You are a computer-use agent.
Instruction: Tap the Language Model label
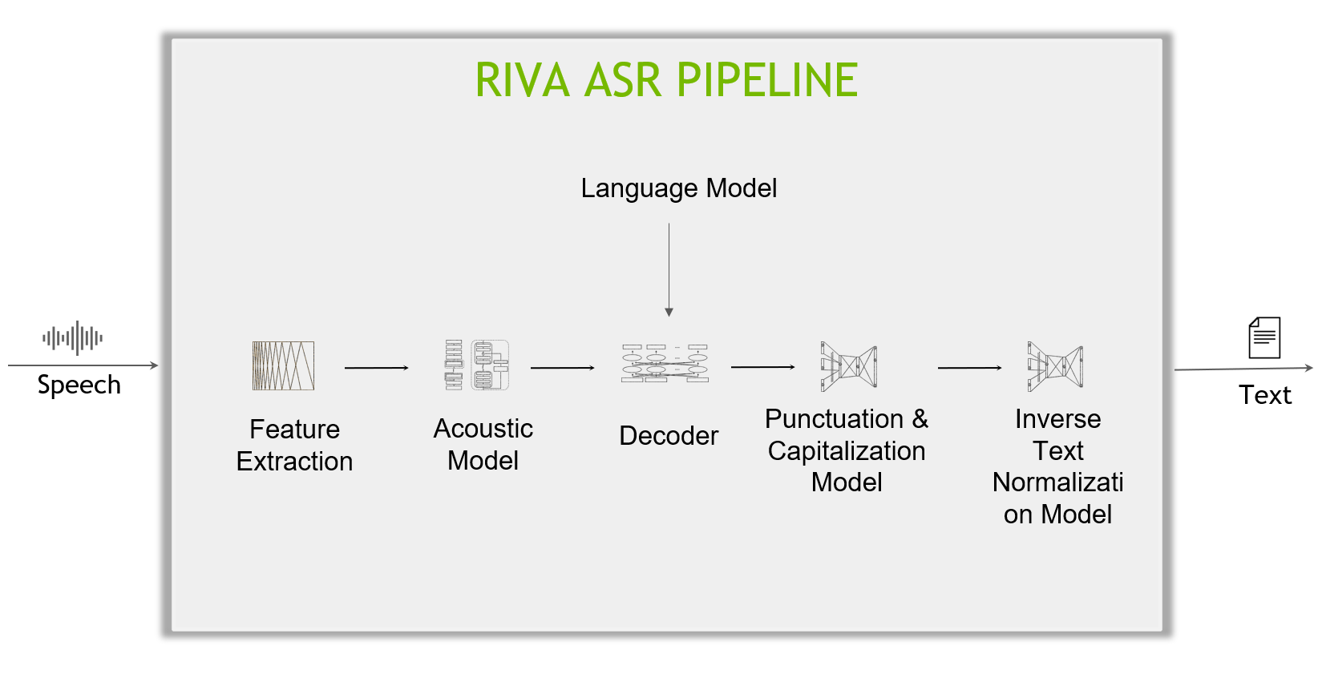tap(678, 189)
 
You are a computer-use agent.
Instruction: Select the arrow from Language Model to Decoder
tap(669, 269)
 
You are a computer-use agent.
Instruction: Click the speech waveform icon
tap(72, 337)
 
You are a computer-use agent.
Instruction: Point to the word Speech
tap(79, 385)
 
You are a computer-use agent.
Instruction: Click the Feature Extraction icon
tap(283, 365)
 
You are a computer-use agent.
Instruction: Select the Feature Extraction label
tap(294, 446)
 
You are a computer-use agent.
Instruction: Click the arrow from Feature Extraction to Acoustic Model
tap(377, 368)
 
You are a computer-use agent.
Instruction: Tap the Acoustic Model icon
tap(476, 365)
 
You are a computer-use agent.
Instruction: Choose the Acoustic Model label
tap(483, 444)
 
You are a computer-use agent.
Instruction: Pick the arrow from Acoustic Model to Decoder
tap(563, 368)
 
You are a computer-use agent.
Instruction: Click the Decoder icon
tap(665, 364)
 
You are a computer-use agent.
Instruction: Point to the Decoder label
tap(669, 436)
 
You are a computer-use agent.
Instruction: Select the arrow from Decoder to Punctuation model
tap(763, 367)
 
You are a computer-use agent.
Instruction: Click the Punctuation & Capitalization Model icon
tap(848, 366)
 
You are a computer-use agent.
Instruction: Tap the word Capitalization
tap(846, 451)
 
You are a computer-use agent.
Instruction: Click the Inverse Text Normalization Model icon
tap(1055, 366)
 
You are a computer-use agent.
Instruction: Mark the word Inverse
tap(1058, 419)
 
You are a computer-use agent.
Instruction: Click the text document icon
tap(1264, 337)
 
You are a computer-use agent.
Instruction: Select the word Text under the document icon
tap(1265, 395)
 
